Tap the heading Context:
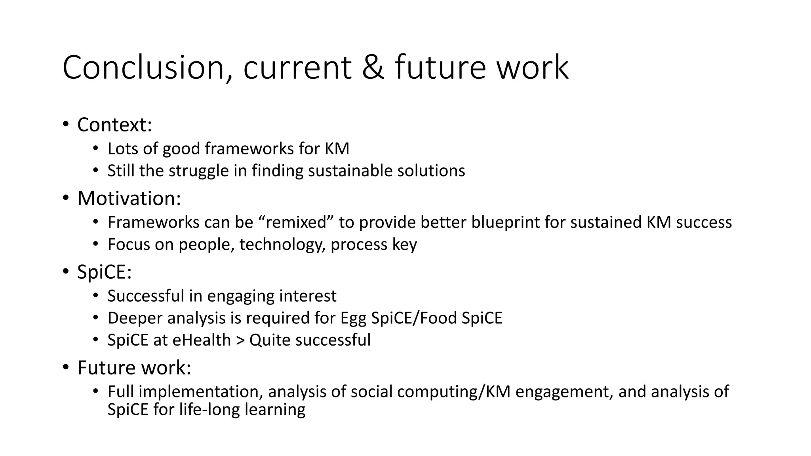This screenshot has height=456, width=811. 114,125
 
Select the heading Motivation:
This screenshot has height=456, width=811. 129,198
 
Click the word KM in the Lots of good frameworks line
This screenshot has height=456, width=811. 337,149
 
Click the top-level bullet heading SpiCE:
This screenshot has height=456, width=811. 104,272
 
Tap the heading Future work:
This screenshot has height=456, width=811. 134,368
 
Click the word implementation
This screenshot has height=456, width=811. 201,392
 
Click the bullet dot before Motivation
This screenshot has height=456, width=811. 66,198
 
